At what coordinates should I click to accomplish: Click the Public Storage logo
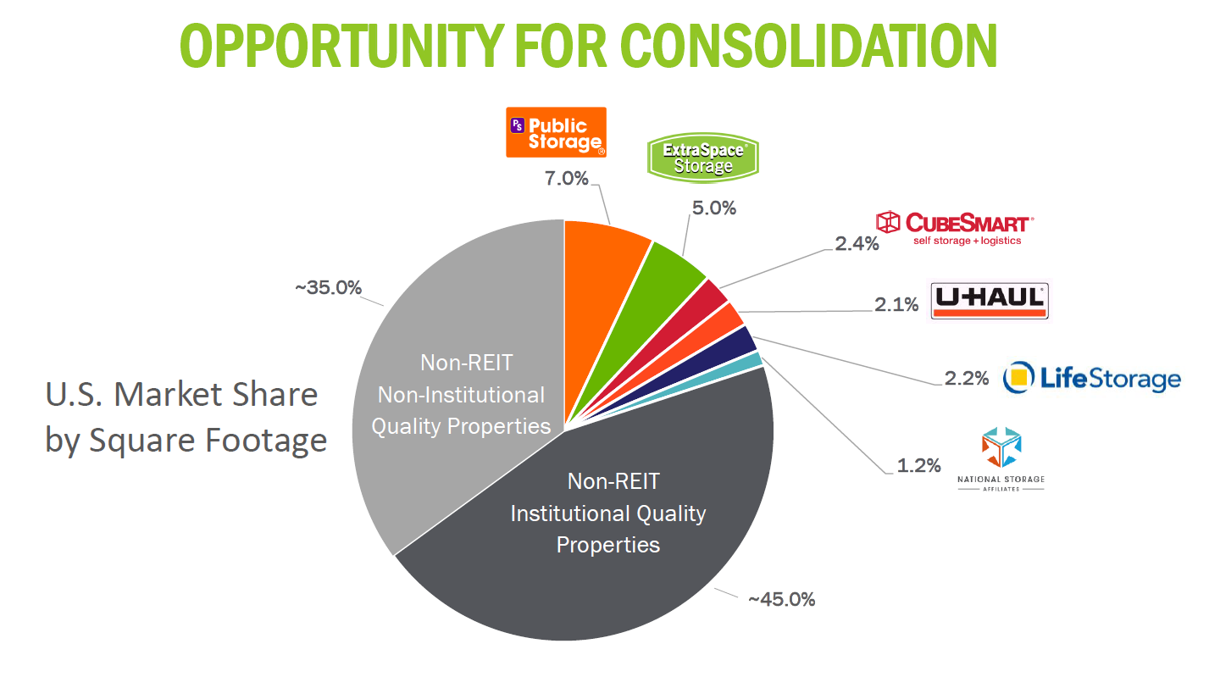[x=556, y=132]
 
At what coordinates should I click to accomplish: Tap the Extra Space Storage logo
[x=702, y=158]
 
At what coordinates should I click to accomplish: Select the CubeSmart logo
[x=955, y=229]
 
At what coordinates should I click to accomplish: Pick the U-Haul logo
[x=990, y=300]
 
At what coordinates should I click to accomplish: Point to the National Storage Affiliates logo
[x=1001, y=459]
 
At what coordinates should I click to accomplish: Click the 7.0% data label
[x=566, y=178]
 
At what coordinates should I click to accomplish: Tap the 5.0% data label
[x=714, y=208]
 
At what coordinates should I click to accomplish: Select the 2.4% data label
[x=857, y=244]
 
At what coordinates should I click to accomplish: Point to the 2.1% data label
[x=896, y=305]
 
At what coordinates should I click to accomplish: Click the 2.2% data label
[x=967, y=378]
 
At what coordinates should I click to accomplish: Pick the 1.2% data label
[x=918, y=465]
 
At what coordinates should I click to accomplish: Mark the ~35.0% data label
[x=328, y=288]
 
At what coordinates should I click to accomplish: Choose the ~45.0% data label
[x=781, y=599]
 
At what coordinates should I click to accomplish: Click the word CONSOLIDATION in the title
[x=808, y=46]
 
